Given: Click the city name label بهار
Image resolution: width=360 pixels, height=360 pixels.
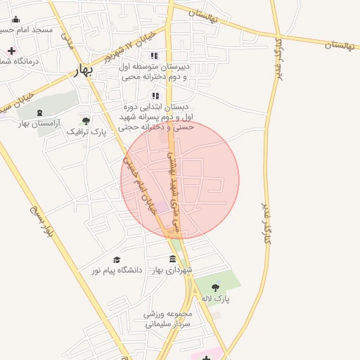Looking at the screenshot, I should (82, 72).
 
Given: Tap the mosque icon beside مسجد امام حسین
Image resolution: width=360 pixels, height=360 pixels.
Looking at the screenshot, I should (16, 20).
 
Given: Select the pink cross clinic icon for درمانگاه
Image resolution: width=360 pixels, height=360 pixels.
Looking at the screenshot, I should (11, 51).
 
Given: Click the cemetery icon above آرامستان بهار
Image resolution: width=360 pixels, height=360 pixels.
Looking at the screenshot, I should (39, 112).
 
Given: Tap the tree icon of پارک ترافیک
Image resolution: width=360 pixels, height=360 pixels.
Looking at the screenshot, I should (86, 121).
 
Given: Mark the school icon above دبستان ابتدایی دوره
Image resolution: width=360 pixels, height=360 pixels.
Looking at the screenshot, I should (155, 96).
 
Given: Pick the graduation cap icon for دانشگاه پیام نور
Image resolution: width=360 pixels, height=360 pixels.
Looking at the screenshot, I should (117, 260).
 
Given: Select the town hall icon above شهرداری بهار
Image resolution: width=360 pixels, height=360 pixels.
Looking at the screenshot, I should (173, 259).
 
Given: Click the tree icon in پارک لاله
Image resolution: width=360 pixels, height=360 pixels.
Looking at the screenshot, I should (215, 287).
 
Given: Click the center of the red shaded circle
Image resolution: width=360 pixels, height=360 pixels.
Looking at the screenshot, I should (180, 180).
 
